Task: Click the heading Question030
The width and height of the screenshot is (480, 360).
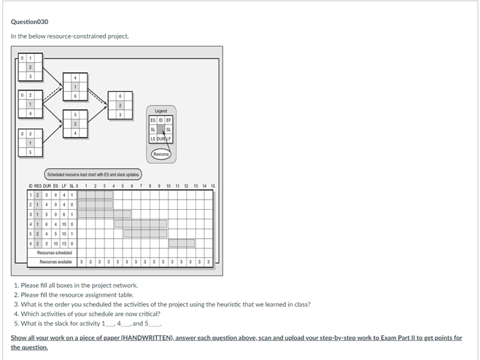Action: pos(29,21)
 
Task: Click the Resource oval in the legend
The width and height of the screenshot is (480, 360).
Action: pos(160,154)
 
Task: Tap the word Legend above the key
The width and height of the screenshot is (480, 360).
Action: pos(160,111)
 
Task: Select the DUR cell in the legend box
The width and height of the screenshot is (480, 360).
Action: pos(160,138)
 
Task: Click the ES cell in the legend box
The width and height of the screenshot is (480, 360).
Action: pos(152,120)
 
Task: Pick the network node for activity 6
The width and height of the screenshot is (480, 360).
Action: pos(120,105)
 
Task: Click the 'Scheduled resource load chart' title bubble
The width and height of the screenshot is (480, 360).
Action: pos(92,174)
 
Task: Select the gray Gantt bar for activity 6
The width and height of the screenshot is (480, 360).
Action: pos(182,243)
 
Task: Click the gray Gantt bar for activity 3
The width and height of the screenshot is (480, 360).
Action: pos(105,214)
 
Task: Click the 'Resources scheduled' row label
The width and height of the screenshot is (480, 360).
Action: pos(55,252)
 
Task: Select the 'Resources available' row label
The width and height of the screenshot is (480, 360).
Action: pos(55,262)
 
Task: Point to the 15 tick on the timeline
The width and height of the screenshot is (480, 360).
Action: pos(212,186)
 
